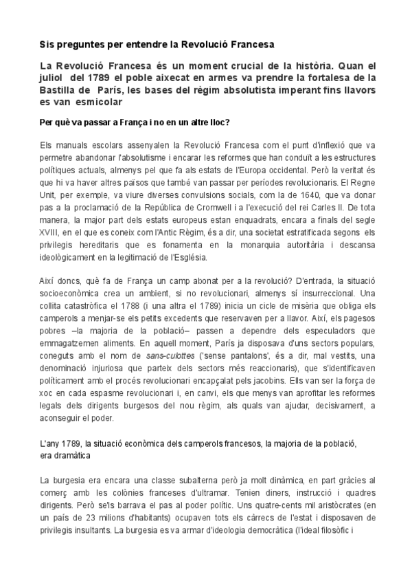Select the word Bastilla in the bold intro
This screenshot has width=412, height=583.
(x=59, y=89)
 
